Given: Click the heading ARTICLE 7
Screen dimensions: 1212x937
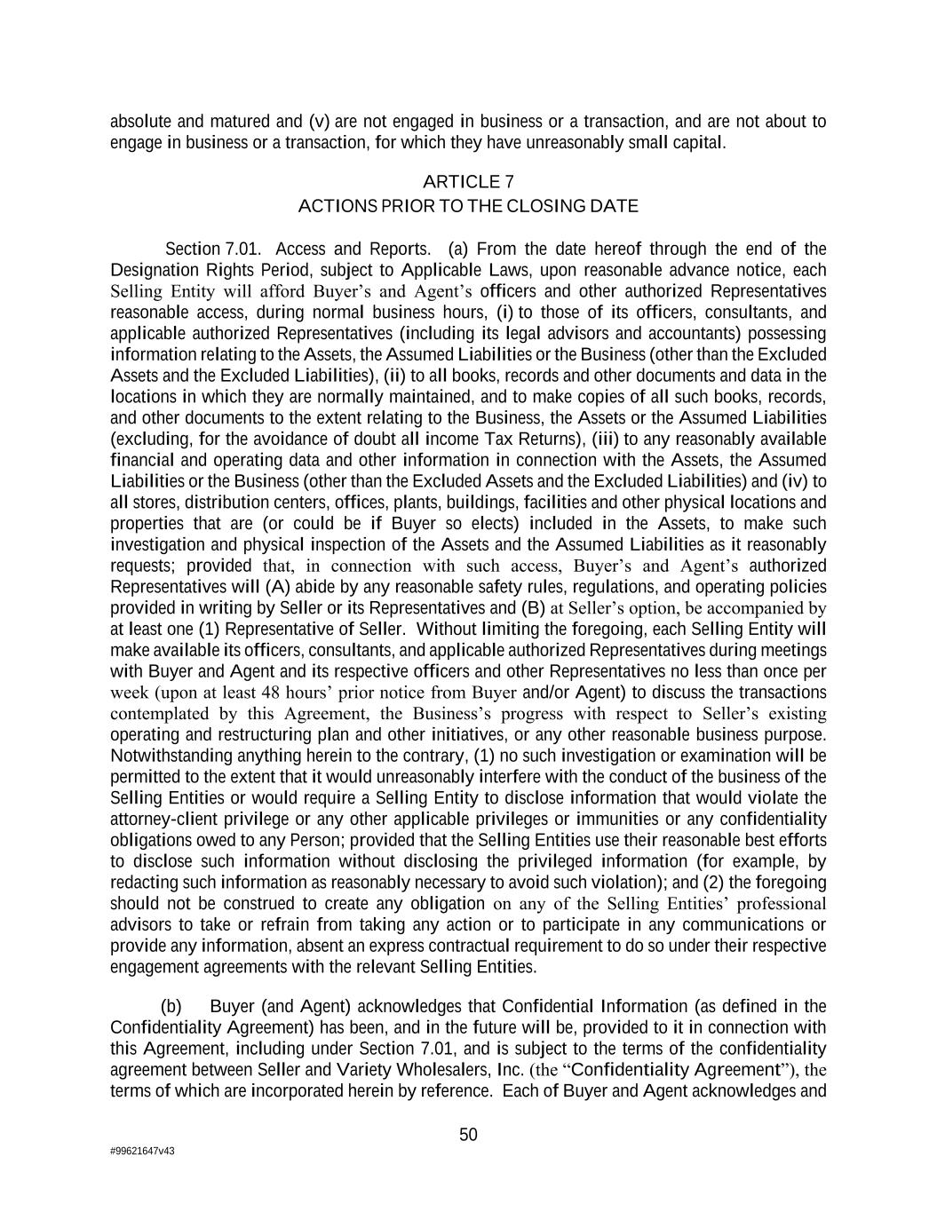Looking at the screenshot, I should (x=468, y=182).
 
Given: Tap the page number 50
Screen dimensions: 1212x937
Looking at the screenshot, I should (x=468, y=1134).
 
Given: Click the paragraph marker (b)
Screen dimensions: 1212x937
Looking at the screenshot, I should (x=171, y=1006).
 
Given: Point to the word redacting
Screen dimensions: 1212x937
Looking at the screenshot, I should (x=144, y=883).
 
